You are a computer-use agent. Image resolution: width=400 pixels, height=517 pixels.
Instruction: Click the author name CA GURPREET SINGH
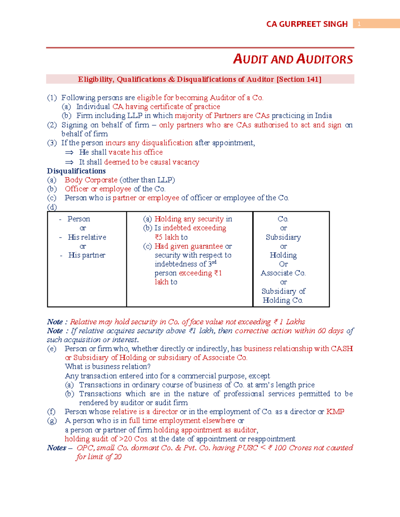click(307, 24)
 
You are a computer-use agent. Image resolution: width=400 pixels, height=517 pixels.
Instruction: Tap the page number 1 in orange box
click(359, 24)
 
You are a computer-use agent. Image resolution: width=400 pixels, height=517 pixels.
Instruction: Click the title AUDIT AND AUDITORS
click(293, 59)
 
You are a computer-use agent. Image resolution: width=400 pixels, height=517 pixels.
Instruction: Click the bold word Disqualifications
click(76, 171)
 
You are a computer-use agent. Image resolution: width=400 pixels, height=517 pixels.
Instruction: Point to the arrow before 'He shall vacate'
click(69, 152)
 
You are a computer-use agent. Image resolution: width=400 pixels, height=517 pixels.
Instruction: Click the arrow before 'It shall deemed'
click(69, 162)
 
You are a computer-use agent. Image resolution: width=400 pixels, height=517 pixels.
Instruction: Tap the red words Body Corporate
click(91, 180)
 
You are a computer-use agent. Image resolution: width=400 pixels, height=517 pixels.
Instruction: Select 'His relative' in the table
click(87, 237)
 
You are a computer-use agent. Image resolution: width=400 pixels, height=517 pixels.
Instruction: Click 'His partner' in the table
click(87, 255)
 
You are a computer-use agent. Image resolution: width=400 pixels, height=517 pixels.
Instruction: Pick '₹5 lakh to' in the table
click(171, 237)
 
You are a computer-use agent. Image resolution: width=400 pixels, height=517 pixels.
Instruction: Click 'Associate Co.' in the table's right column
click(283, 273)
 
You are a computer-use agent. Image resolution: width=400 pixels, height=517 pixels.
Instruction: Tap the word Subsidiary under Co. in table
click(283, 237)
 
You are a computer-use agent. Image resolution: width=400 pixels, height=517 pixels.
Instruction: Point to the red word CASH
click(342, 349)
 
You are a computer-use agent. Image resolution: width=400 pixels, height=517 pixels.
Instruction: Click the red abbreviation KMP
click(335, 411)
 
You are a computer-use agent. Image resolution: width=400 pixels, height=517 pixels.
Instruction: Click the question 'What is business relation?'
click(108, 367)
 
